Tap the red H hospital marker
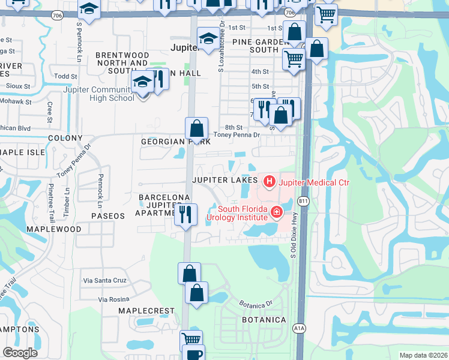pyautogui.click(x=269, y=181)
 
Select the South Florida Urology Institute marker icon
pyautogui.click(x=276, y=212)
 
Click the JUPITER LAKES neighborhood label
pyautogui.click(x=224, y=180)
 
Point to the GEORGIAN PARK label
pyautogui.click(x=175, y=142)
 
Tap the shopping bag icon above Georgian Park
pyautogui.click(x=196, y=128)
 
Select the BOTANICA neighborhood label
pyautogui.click(x=264, y=320)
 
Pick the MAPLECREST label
pyautogui.click(x=146, y=311)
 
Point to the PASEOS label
pyautogui.click(x=107, y=215)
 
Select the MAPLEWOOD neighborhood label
pyautogui.click(x=54, y=229)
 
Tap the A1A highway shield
pyautogui.click(x=299, y=328)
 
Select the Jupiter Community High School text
pyautogui.click(x=99, y=94)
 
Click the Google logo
pyautogui.click(x=20, y=353)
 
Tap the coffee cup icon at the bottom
pyautogui.click(x=194, y=353)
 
